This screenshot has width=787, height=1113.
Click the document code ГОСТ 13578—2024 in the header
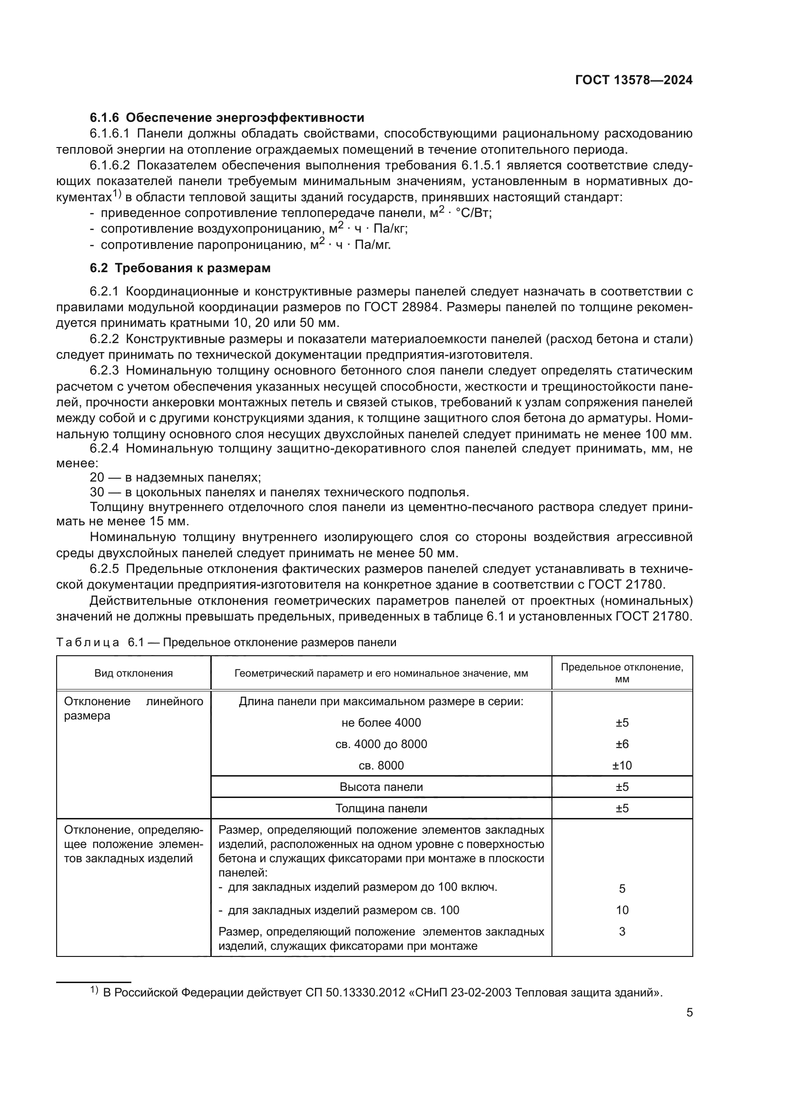pos(633,80)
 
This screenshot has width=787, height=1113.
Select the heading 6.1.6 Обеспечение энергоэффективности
pos(227,118)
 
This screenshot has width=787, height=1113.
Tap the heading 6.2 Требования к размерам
pos(180,268)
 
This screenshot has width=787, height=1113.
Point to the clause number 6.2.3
pos(104,371)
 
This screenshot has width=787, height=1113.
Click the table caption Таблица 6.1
pos(226,643)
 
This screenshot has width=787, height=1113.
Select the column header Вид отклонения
pos(133,673)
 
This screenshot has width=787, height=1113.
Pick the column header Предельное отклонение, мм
pos(622,673)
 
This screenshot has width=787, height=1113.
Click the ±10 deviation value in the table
pos(622,766)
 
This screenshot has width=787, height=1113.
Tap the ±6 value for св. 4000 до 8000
pos(622,744)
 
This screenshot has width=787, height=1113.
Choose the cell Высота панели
pos(381,787)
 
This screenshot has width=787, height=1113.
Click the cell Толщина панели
pos(381,808)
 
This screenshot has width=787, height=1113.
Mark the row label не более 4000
pos(381,723)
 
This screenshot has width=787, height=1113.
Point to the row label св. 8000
pos(381,766)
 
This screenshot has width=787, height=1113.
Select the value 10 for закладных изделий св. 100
pos(622,910)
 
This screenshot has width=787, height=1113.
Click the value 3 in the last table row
pos(622,931)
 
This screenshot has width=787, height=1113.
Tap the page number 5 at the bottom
pos(689,1013)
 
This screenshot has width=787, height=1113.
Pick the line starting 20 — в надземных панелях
pos(176,477)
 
